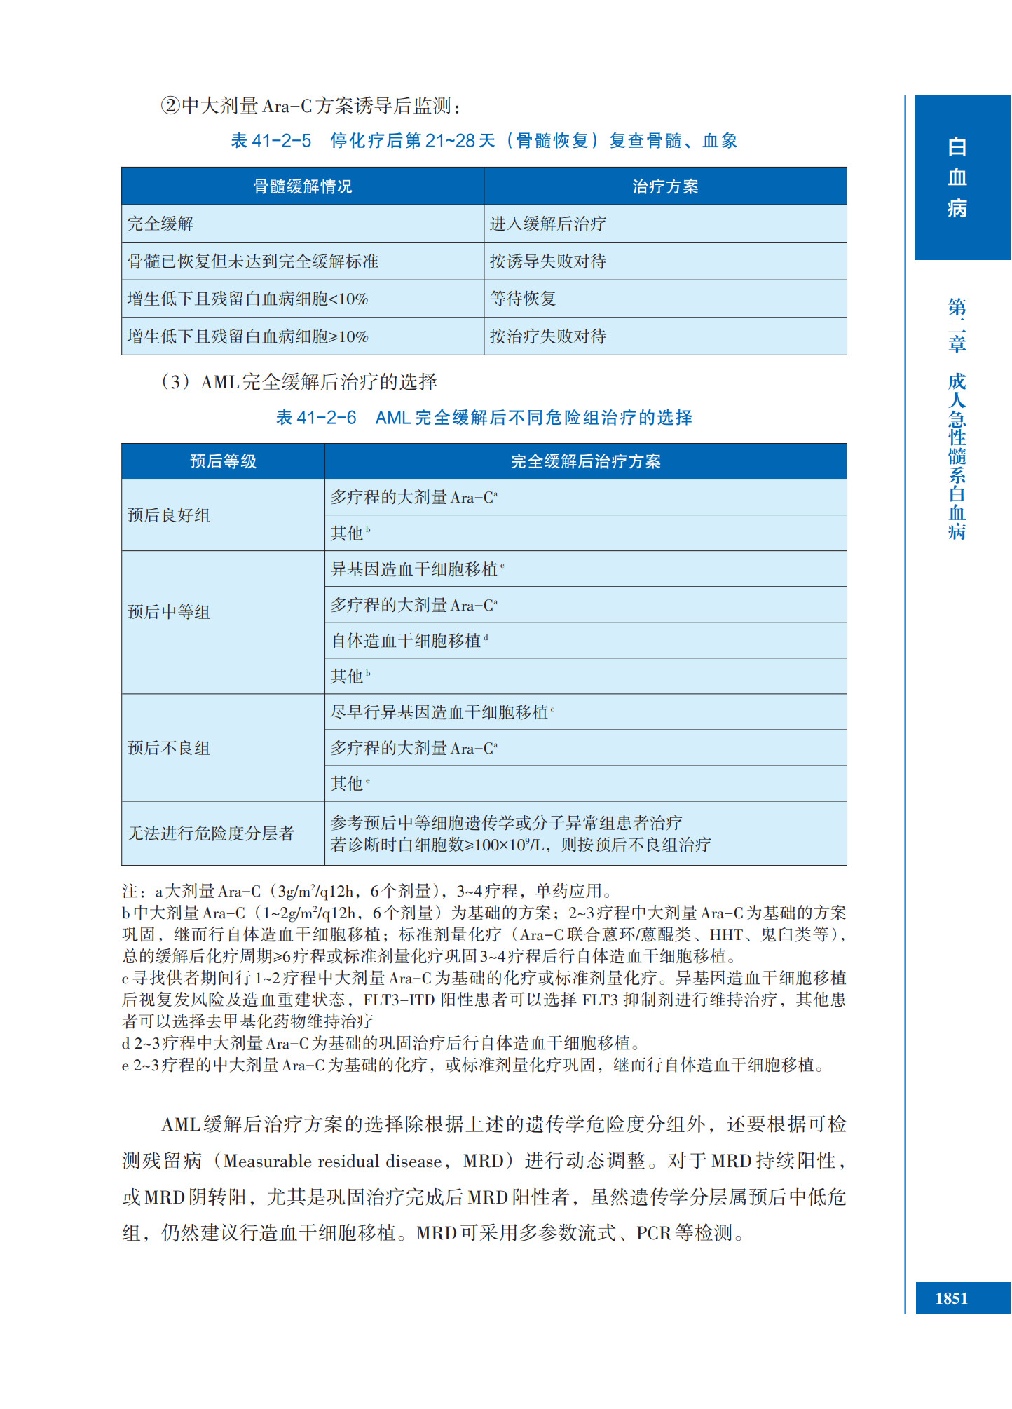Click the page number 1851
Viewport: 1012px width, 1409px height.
pyautogui.click(x=951, y=1298)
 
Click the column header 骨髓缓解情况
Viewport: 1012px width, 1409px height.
pyautogui.click(x=302, y=186)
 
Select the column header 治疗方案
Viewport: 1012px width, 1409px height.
pyautogui.click(x=665, y=186)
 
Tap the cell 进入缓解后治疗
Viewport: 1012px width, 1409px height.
pyautogui.click(x=547, y=224)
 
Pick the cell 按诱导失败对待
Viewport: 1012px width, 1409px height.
pyautogui.click(x=547, y=261)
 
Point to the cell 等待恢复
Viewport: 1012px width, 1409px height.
pyautogui.click(x=523, y=299)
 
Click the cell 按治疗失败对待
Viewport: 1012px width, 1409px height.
pyautogui.click(x=547, y=336)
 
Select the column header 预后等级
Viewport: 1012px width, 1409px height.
pyautogui.click(x=223, y=461)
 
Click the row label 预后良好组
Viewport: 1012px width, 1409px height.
pyautogui.click(x=169, y=515)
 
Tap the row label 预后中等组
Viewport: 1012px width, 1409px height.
pyautogui.click(x=169, y=612)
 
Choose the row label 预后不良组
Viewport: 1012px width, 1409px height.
pyautogui.click(x=169, y=748)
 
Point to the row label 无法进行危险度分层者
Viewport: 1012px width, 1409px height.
pyautogui.click(x=210, y=833)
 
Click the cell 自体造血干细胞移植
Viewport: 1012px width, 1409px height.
pyautogui.click(x=406, y=641)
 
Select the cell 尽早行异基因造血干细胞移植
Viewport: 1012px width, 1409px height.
pyautogui.click(x=439, y=712)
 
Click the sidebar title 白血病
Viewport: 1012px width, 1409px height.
pyautogui.click(x=957, y=177)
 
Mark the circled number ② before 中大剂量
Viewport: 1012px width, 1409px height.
pyautogui.click(x=170, y=106)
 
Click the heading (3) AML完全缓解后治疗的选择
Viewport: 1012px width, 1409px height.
pyautogui.click(x=299, y=382)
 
